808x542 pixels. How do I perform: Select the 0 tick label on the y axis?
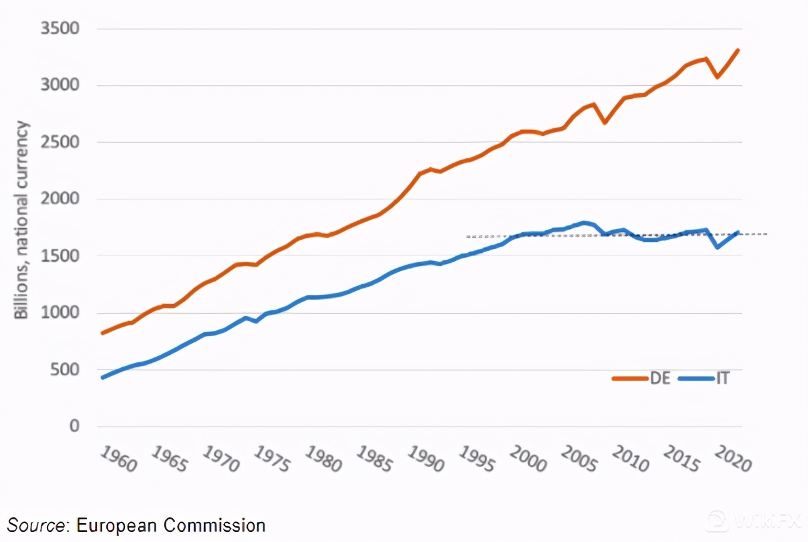[74, 426]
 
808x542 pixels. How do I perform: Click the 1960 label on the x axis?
[118, 459]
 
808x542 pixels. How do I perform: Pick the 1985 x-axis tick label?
[373, 459]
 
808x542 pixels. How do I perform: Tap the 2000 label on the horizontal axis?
[527, 459]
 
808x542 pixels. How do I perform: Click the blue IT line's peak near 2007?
[585, 222]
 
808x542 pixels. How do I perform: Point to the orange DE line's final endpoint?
[739, 50]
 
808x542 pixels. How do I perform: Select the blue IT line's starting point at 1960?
[103, 377]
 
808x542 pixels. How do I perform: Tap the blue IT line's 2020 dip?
[717, 247]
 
